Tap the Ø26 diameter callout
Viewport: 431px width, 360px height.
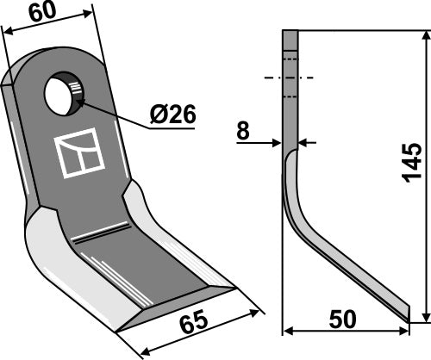[172, 114]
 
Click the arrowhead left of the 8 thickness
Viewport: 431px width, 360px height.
[278, 142]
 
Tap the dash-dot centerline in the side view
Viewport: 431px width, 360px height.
[289, 78]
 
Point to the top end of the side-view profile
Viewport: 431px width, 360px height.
[290, 32]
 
